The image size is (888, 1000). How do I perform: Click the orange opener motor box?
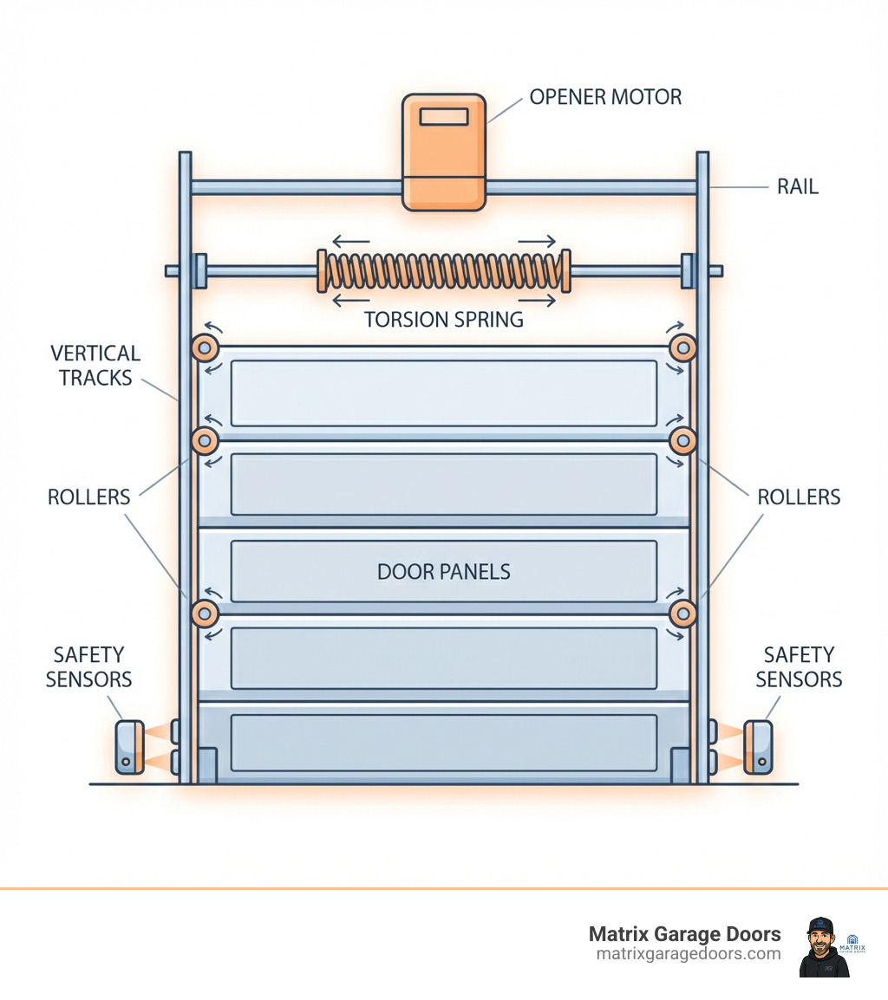pyautogui.click(x=443, y=153)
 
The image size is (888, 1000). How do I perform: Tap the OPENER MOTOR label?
pyautogui.click(x=605, y=97)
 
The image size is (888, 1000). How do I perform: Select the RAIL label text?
pyautogui.click(x=797, y=186)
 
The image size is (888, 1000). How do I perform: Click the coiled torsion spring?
pyautogui.click(x=443, y=270)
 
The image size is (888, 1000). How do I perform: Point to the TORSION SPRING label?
pyautogui.click(x=443, y=320)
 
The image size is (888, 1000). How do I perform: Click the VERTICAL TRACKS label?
pyautogui.click(x=95, y=365)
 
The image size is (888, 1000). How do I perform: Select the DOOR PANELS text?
pyautogui.click(x=443, y=572)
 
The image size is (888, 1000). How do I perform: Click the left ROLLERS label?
pyautogui.click(x=88, y=497)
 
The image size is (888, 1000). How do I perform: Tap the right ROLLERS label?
pyautogui.click(x=799, y=497)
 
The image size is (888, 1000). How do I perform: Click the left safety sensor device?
pyautogui.click(x=129, y=746)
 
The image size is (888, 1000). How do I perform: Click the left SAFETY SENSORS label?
pyautogui.click(x=88, y=666)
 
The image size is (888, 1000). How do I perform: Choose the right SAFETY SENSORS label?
pyautogui.click(x=799, y=666)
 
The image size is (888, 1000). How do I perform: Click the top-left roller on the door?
pyautogui.click(x=205, y=348)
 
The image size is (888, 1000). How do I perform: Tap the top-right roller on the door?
pyautogui.click(x=682, y=348)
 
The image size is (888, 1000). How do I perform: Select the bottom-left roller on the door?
pyautogui.click(x=205, y=614)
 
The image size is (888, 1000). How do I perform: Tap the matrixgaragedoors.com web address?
pyautogui.click(x=689, y=954)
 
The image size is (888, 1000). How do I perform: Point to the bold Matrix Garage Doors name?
pyautogui.click(x=684, y=934)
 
